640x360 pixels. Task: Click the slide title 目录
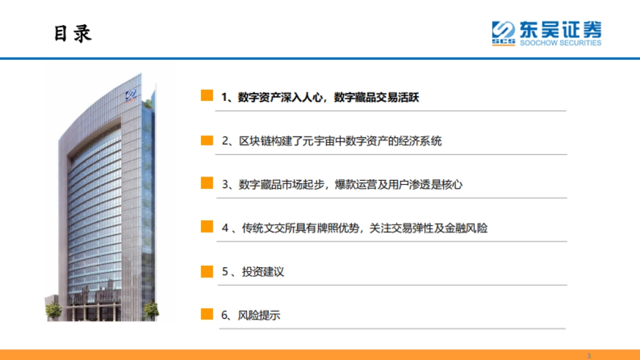coord(73,33)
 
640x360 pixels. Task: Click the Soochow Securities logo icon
coord(503,33)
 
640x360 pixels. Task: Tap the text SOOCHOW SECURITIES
coord(561,43)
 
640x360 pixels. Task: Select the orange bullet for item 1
coord(207,96)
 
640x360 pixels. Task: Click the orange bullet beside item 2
coord(207,140)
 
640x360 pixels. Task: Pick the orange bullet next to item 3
coord(207,183)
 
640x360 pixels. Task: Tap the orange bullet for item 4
coord(207,227)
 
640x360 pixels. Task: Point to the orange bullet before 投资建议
coord(207,271)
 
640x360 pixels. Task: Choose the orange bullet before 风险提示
coord(207,314)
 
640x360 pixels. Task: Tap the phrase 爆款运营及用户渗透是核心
coord(398,185)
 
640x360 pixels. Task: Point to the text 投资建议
coord(263,272)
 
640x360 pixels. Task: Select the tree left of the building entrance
coord(53,310)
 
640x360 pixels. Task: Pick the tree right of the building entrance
coord(151,309)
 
